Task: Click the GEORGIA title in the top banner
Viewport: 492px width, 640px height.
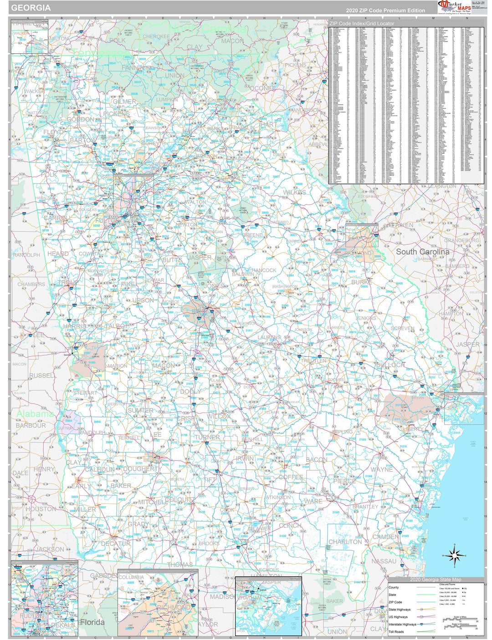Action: [x=31, y=8]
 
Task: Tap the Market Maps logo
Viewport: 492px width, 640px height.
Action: [x=454, y=7]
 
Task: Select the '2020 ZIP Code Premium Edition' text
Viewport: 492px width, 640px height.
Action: [x=385, y=10]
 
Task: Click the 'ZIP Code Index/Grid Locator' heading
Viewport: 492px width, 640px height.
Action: [x=362, y=23]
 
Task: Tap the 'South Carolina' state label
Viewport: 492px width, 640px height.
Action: [x=422, y=252]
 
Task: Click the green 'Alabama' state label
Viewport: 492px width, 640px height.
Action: [x=35, y=414]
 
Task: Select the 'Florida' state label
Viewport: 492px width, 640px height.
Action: [x=92, y=622]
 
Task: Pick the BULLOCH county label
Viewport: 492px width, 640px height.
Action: [x=390, y=365]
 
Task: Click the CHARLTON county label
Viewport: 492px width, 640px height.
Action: [x=345, y=542]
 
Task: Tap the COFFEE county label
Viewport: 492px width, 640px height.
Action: [x=291, y=477]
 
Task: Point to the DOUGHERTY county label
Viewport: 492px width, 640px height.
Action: [x=140, y=468]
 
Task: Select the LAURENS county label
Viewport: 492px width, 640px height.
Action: [x=269, y=337]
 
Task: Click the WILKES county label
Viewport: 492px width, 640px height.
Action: [x=294, y=193]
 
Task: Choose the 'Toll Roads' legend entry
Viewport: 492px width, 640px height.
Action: [x=396, y=632]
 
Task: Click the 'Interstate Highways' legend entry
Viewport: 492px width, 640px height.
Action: [x=402, y=625]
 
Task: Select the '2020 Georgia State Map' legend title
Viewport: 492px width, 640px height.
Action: [x=435, y=579]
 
